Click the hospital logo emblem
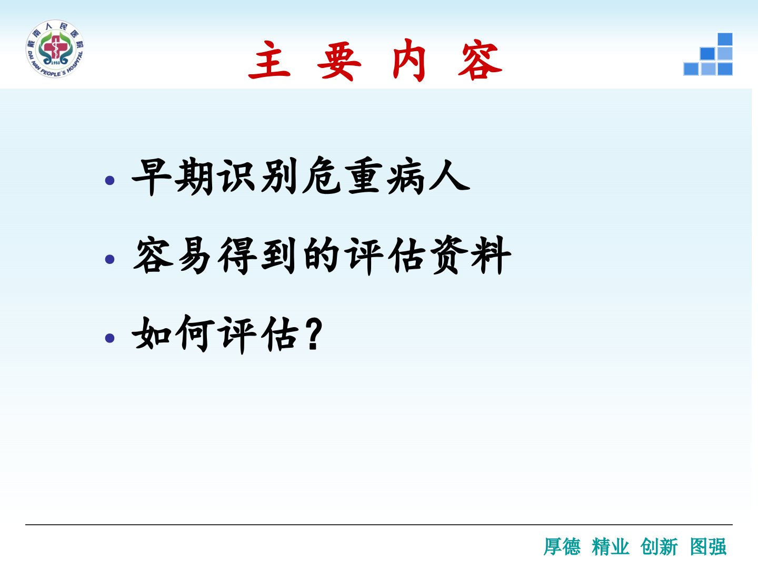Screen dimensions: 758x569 (x=55, y=48)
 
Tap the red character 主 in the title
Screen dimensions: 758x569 (x=270, y=60)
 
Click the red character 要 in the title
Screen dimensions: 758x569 (x=339, y=61)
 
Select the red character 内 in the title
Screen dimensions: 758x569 (x=409, y=60)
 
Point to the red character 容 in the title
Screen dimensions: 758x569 (x=480, y=60)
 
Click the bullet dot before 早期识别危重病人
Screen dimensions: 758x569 (x=109, y=180)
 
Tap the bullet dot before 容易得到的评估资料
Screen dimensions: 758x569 (x=109, y=259)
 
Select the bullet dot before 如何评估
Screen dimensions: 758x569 (x=109, y=338)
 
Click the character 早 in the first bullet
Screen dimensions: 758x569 (x=151, y=177)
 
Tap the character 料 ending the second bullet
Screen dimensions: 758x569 (x=491, y=256)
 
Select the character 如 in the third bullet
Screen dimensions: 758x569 (x=152, y=333)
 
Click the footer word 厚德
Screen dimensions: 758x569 (x=562, y=546)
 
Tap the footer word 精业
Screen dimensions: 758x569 (x=611, y=546)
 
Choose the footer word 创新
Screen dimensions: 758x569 (x=659, y=546)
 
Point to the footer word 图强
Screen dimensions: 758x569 (x=709, y=546)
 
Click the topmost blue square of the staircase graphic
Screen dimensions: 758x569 (x=725, y=39)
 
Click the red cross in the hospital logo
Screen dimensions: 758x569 (x=55, y=49)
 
